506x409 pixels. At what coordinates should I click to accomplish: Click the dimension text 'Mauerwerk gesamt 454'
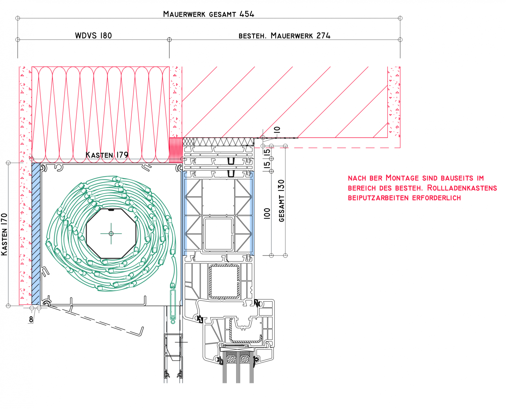[x=208, y=14]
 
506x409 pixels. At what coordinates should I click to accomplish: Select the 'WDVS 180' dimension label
[x=93, y=36]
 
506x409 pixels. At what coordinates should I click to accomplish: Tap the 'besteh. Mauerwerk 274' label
[x=284, y=36]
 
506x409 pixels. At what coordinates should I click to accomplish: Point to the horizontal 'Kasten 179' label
[x=107, y=155]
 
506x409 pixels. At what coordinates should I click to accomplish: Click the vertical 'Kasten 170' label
[x=4, y=234]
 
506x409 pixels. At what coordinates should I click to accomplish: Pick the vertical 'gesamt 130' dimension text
[x=281, y=201]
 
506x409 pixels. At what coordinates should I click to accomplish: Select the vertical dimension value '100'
[x=267, y=213]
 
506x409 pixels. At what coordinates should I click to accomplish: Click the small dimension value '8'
[x=31, y=319]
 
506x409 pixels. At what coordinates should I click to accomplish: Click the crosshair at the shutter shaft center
[x=111, y=233]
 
